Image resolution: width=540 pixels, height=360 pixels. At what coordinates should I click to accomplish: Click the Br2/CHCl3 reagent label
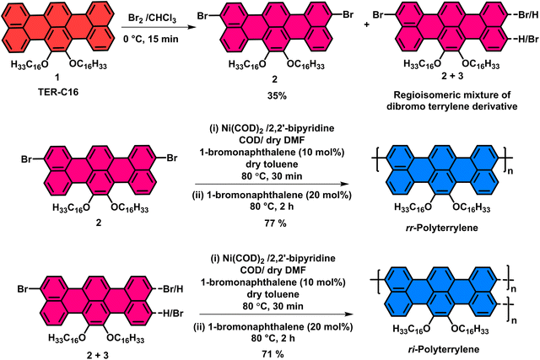click(x=152, y=19)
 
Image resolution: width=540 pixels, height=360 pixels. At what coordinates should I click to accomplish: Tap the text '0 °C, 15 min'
click(x=151, y=39)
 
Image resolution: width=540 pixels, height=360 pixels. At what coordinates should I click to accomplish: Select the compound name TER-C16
click(x=58, y=92)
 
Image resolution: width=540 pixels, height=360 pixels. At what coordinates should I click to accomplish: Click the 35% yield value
click(x=277, y=95)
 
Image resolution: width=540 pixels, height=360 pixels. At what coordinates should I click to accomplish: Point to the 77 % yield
click(x=273, y=223)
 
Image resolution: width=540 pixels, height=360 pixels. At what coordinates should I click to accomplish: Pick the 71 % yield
click(x=273, y=353)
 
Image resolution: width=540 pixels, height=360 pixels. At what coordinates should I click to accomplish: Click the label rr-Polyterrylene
click(x=442, y=228)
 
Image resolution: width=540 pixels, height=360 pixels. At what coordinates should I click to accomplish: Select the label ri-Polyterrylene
click(x=442, y=350)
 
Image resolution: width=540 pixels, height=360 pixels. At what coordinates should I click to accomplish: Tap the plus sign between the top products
click(x=366, y=24)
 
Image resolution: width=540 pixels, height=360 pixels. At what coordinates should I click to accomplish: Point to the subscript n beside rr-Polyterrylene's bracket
click(x=510, y=170)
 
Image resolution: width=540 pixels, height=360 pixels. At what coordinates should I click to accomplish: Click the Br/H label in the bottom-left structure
click(x=174, y=288)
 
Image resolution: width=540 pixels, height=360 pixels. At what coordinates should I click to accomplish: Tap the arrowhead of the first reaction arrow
click(x=186, y=27)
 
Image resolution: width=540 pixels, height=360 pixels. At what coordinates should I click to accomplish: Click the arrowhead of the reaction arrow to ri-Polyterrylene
click(x=348, y=314)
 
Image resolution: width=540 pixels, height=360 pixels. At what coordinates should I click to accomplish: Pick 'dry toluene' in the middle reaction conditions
click(x=272, y=164)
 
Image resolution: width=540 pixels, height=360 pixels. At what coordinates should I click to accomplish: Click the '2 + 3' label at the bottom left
click(x=98, y=355)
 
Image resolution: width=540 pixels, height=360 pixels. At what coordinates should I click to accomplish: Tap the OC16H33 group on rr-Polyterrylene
click(x=471, y=207)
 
